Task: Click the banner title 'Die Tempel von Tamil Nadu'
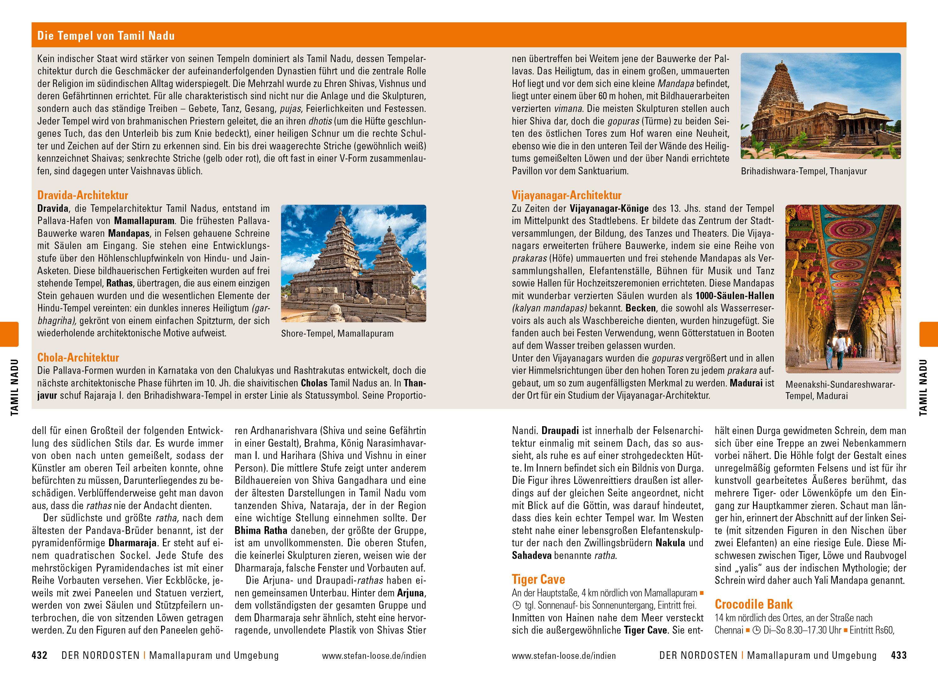coord(106,36)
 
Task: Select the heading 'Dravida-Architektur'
coord(83,195)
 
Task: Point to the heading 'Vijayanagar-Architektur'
coord(567,195)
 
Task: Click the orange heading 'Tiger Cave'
coord(538,579)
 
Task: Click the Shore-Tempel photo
coord(353,263)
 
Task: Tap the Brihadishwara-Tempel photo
coord(821,106)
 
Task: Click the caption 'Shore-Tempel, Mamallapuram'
coord(337,334)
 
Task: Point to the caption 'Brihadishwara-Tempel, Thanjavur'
coord(804,171)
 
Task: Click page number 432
coord(40,656)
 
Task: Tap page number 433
coord(899,656)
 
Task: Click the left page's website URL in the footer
coord(373,656)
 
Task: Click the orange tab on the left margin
coord(9,334)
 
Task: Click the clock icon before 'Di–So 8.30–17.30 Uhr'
coord(756,630)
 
